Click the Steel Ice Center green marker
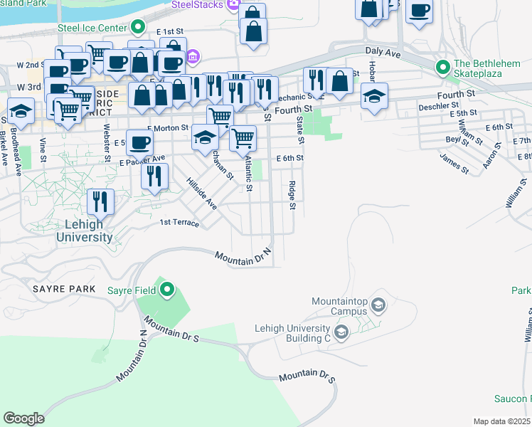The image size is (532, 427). (x=140, y=29)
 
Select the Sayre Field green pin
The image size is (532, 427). (x=168, y=289)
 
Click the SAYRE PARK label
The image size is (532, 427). (x=59, y=289)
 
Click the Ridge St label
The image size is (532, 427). (x=292, y=195)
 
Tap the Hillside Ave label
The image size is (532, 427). (x=201, y=193)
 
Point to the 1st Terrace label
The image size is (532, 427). (x=179, y=223)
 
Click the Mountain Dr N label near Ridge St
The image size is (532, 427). (x=244, y=258)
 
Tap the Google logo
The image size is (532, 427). (x=23, y=418)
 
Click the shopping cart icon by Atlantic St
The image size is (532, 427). (x=243, y=137)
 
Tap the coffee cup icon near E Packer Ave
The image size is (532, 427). (x=139, y=141)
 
